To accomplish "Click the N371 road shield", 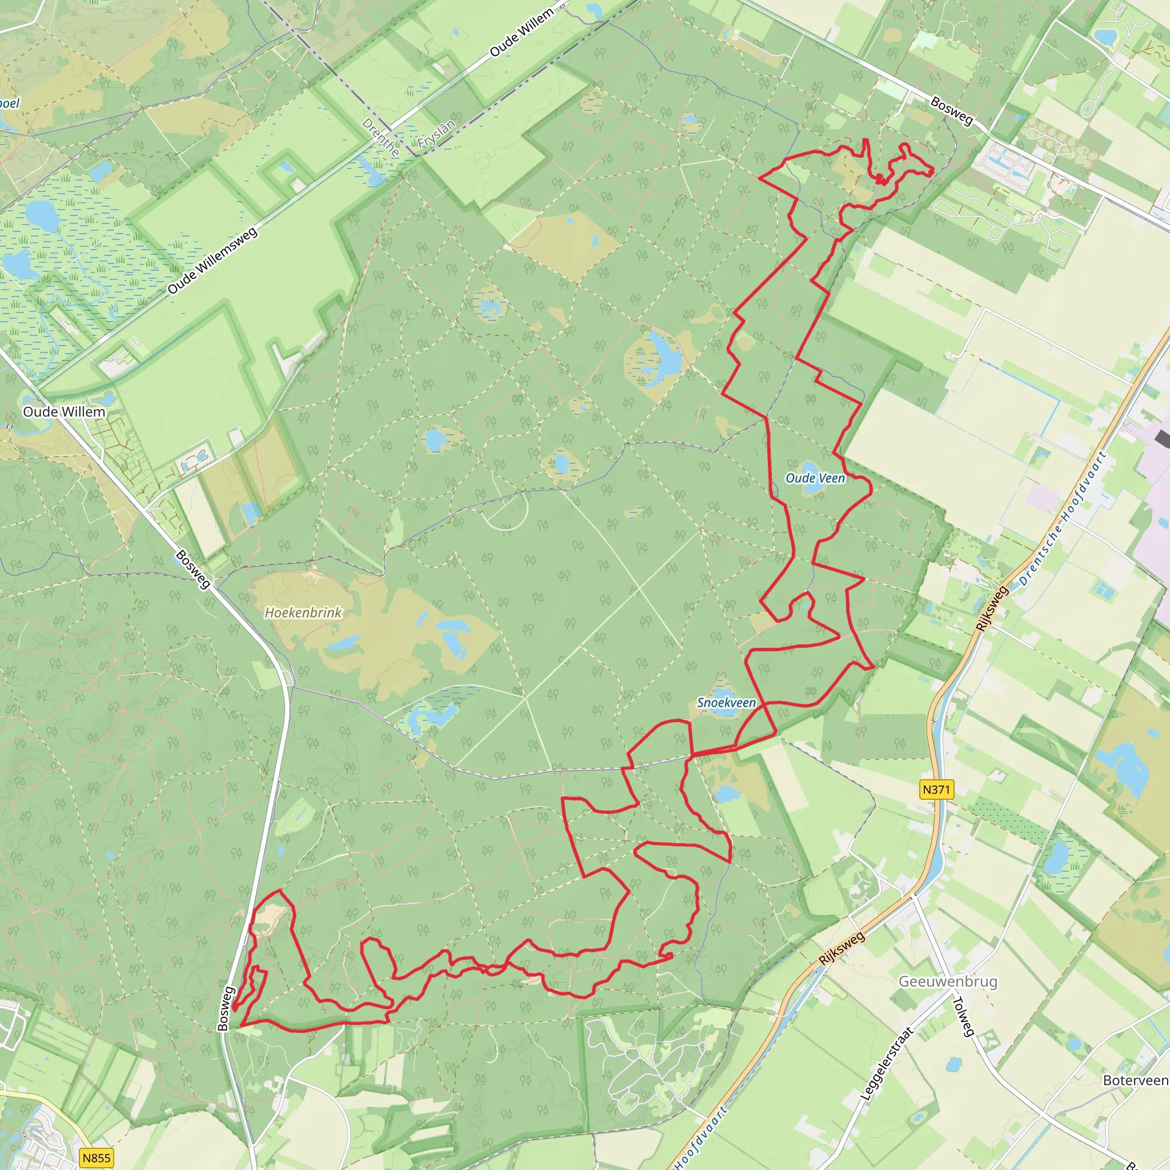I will coord(936,789).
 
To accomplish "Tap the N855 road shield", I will coord(97,1158).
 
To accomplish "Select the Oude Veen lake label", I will coord(815,478).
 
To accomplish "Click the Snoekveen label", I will coord(726,703).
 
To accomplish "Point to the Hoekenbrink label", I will coord(303,612).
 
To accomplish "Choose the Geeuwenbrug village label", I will coord(948,981).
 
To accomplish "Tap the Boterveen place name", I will coord(1136,1080).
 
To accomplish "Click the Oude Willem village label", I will coord(63,412).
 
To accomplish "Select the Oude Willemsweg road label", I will coord(213,261).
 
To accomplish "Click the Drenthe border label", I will coord(381,138).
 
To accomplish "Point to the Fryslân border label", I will coord(436,134).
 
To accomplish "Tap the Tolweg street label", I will coord(963,1017).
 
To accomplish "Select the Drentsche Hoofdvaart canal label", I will coord(1063,518).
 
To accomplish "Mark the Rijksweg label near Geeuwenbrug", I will coord(842,948).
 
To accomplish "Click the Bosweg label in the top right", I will coord(951,111).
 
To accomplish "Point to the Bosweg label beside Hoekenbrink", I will coord(193,569).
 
